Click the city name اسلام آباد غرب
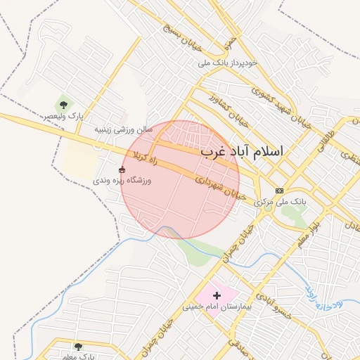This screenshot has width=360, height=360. click(241, 151)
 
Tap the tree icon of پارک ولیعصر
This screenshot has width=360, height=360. click(64, 105)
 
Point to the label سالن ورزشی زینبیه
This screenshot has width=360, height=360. click(124, 130)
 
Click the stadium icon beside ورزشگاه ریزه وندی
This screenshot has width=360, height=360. click(122, 169)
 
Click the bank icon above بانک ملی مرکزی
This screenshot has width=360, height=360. click(280, 191)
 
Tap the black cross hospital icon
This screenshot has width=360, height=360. click(217, 295)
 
